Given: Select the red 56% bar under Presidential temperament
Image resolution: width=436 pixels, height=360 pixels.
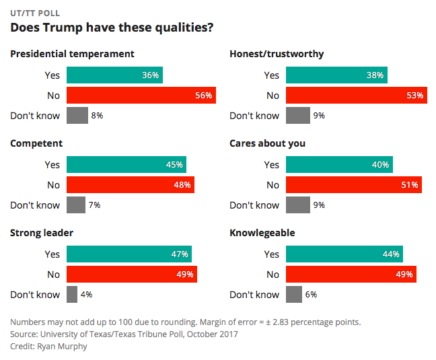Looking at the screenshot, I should (x=141, y=96).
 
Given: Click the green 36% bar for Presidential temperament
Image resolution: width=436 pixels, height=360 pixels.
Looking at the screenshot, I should (x=114, y=75).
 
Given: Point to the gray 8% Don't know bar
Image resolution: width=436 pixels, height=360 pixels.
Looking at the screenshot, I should (x=77, y=116).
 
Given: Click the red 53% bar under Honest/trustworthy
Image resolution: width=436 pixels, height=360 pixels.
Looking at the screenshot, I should (x=357, y=96).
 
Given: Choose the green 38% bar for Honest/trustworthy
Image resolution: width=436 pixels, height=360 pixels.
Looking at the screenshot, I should (x=336, y=75).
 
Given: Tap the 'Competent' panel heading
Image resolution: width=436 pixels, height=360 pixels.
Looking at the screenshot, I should (x=36, y=143).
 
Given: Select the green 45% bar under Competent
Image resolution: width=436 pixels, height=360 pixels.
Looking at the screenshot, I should (x=126, y=165).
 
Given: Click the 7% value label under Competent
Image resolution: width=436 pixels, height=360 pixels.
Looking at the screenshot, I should (x=95, y=205).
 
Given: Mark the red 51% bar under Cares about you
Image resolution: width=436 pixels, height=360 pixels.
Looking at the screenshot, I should (x=354, y=185).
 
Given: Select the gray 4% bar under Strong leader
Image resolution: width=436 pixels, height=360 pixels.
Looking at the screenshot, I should (x=72, y=295).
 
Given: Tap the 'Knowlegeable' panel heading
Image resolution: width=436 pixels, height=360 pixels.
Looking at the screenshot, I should (x=262, y=233).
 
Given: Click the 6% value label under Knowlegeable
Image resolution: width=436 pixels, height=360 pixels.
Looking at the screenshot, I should (x=311, y=295).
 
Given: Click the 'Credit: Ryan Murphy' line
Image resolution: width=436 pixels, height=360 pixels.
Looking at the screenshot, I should (x=48, y=346).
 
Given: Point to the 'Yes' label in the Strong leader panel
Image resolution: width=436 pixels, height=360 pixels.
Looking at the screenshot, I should (x=52, y=254).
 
